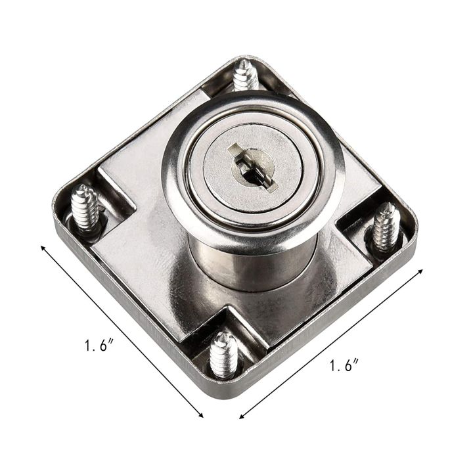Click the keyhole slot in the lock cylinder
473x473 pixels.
(253, 167)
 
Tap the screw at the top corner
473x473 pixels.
(246, 76)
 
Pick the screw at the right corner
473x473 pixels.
(385, 227)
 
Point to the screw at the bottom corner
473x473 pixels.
(223, 355)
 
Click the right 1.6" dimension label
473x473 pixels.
(344, 365)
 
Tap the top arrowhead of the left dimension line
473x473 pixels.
(43, 248)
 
